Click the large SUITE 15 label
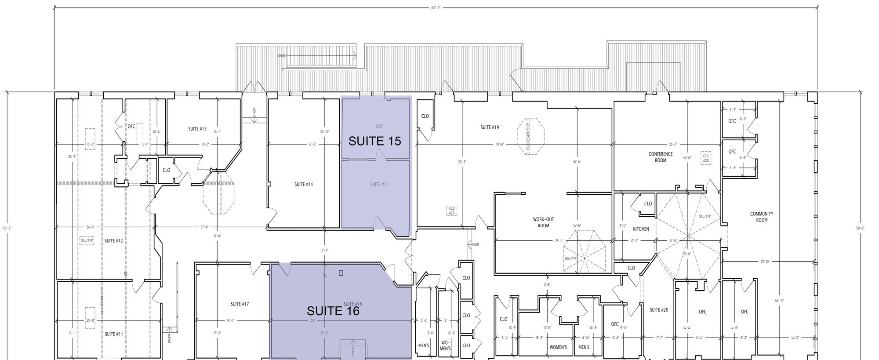374,141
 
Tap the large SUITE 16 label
333,311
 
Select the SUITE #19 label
489,127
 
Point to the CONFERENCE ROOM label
661,157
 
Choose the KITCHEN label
641,229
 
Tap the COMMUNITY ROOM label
762,217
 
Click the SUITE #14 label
304,185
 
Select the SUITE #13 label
197,129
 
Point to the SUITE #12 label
113,241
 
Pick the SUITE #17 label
240,304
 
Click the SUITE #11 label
113,334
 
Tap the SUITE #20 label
659,310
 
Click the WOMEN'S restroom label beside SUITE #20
558,347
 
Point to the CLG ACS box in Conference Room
706,159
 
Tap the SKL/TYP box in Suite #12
87,240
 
